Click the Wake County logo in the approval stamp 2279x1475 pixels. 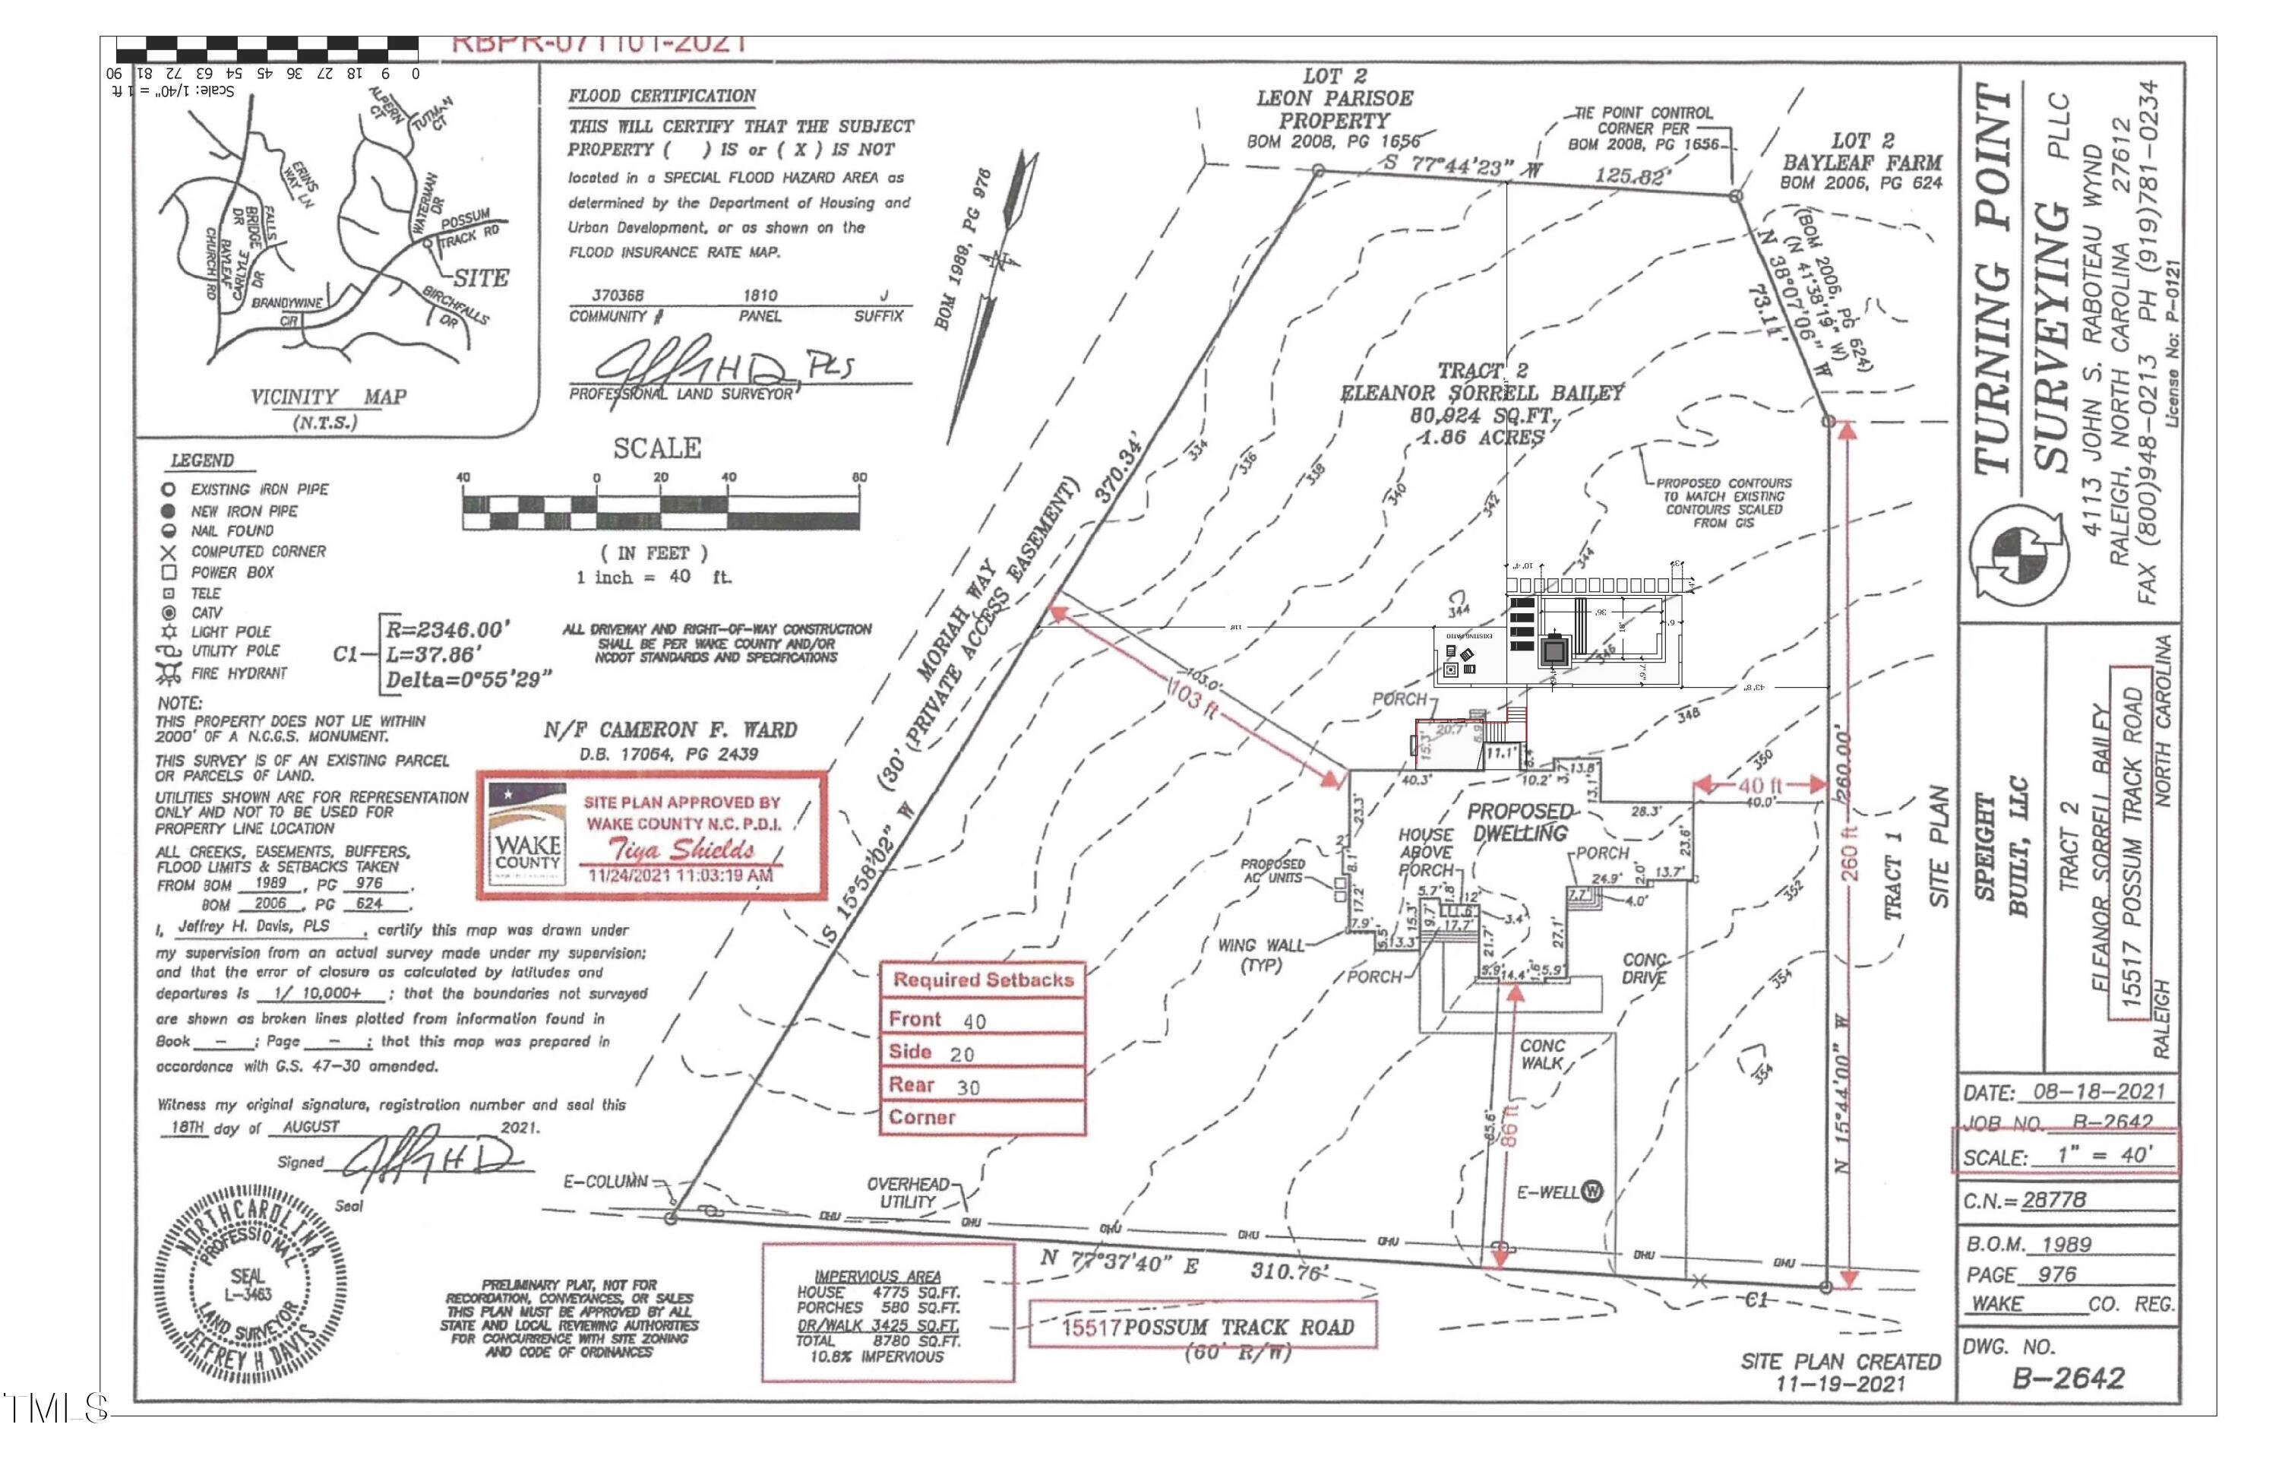point(526,834)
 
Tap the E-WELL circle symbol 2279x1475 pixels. point(1592,1192)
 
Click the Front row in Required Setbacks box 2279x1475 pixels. point(981,1019)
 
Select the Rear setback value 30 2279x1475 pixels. point(968,1088)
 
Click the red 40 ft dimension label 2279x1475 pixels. point(1759,786)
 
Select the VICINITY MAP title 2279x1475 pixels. point(328,397)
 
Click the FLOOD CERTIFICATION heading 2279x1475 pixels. point(662,96)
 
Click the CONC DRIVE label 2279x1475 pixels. point(1644,968)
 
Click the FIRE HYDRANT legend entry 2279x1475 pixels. point(238,673)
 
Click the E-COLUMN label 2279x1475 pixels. point(605,1181)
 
